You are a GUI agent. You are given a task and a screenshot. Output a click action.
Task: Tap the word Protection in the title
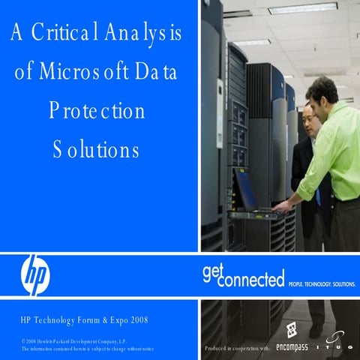click(97, 111)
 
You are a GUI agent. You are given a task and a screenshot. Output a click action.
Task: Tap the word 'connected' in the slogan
click(252, 280)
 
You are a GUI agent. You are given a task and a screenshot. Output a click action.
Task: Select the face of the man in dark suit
click(307, 119)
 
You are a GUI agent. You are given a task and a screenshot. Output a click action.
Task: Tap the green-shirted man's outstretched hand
click(280, 204)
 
